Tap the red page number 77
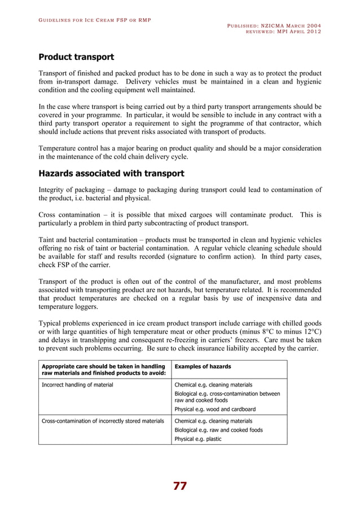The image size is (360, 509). (180, 486)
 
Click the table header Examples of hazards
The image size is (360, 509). (198, 367)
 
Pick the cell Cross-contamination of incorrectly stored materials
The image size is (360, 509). (102, 421)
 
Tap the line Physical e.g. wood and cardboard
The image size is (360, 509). (215, 409)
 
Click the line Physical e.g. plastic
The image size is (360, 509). (198, 438)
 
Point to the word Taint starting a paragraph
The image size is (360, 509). (47, 239)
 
